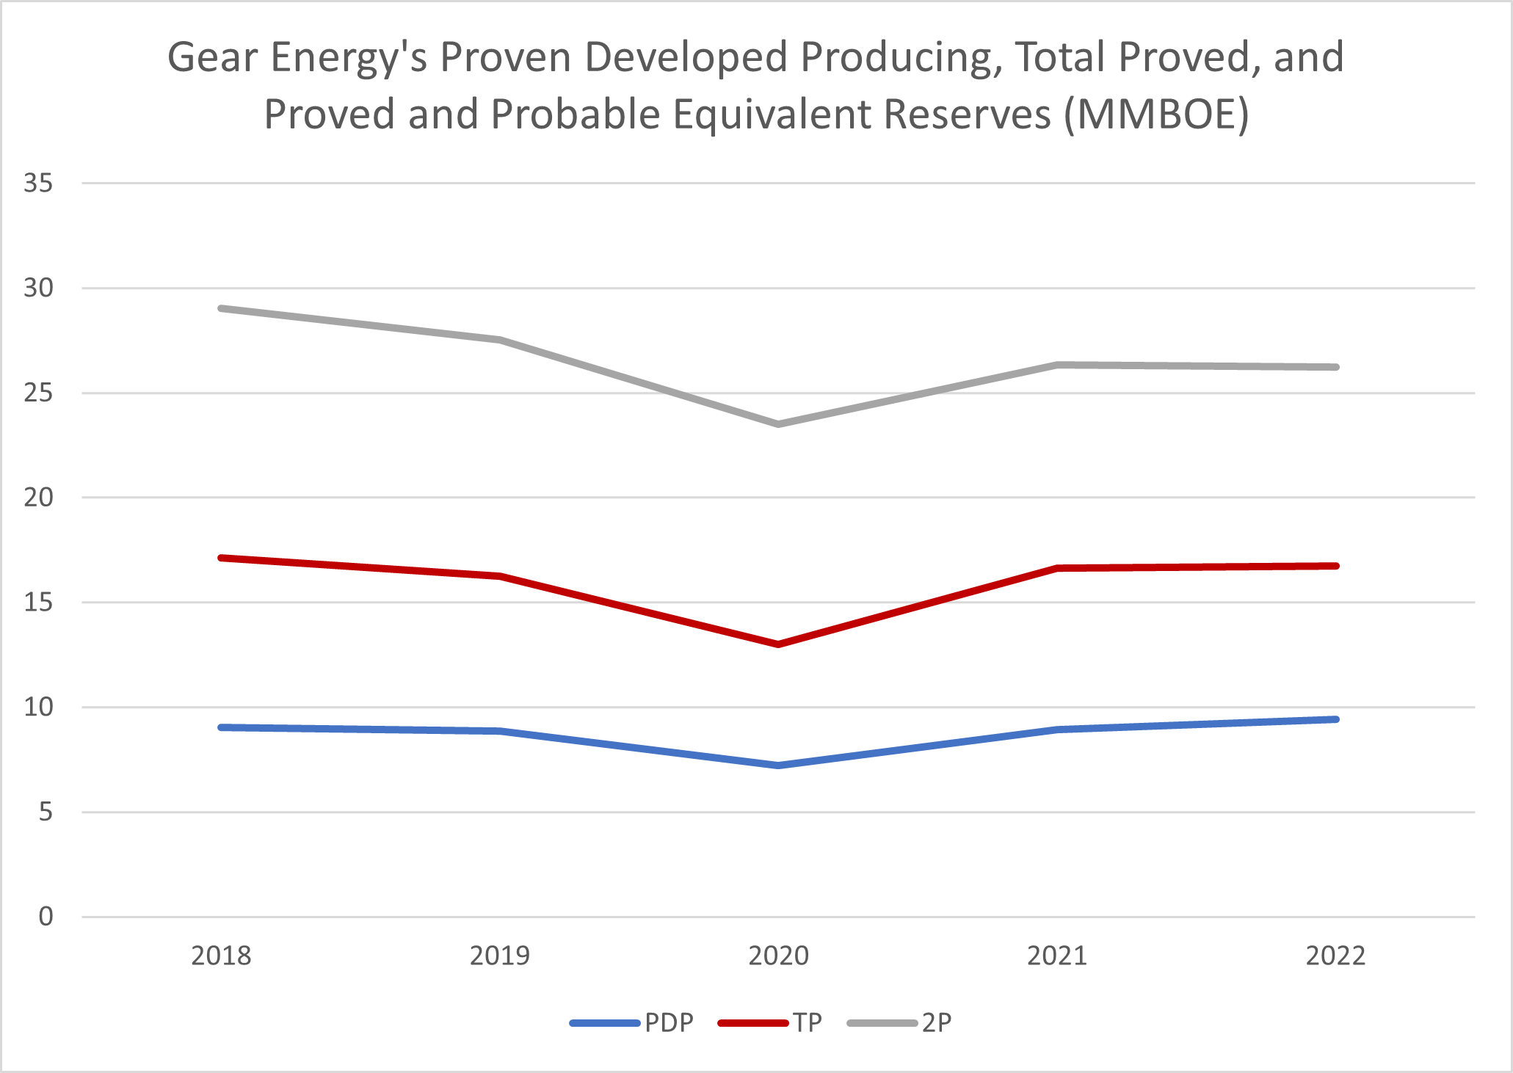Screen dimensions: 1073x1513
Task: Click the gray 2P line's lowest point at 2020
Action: point(778,424)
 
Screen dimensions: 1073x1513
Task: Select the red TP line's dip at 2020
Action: point(778,644)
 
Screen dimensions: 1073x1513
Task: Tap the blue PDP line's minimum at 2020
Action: point(778,765)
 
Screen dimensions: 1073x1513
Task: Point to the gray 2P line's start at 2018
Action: point(221,308)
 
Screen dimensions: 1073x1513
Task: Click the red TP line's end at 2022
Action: point(1335,566)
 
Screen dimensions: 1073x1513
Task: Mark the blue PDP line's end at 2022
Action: point(1335,719)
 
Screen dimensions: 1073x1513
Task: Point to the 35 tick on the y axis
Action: point(38,183)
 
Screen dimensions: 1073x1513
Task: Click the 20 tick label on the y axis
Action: point(38,498)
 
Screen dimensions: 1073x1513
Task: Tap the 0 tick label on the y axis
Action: point(46,917)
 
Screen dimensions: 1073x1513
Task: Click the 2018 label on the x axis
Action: point(221,956)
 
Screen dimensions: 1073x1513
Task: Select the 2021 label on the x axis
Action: point(1056,956)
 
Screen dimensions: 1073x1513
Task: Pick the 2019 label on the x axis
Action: point(500,956)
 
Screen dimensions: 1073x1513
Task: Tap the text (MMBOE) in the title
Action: point(1156,114)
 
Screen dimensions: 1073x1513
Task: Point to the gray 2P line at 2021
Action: point(1056,365)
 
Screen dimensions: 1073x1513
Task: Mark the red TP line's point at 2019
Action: point(500,576)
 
